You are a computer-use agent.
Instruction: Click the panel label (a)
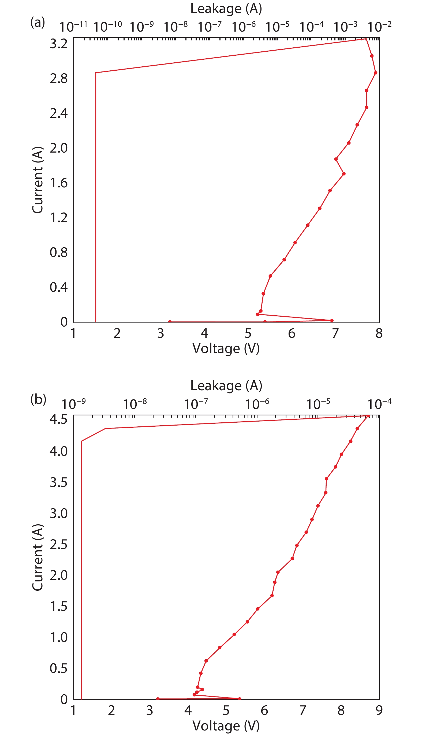point(38,22)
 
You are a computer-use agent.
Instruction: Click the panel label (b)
point(38,400)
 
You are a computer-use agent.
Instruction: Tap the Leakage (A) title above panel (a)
point(226,9)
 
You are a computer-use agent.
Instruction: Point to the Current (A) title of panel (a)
point(38,180)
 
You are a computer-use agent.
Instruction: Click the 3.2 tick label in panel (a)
point(59,44)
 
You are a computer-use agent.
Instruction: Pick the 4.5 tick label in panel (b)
point(59,419)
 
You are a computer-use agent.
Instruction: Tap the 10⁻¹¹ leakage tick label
point(73,27)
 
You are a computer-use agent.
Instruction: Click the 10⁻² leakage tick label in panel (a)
point(379,27)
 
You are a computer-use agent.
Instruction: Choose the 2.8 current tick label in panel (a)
point(59,78)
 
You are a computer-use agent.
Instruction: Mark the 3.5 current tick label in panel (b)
point(59,483)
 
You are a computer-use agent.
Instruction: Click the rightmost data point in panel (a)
point(375,73)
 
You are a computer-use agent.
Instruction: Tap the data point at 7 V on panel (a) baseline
point(332,320)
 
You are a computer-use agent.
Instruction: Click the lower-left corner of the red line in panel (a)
point(96,322)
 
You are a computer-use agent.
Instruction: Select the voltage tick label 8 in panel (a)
point(379,333)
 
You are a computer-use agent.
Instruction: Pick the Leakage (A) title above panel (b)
point(226,386)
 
